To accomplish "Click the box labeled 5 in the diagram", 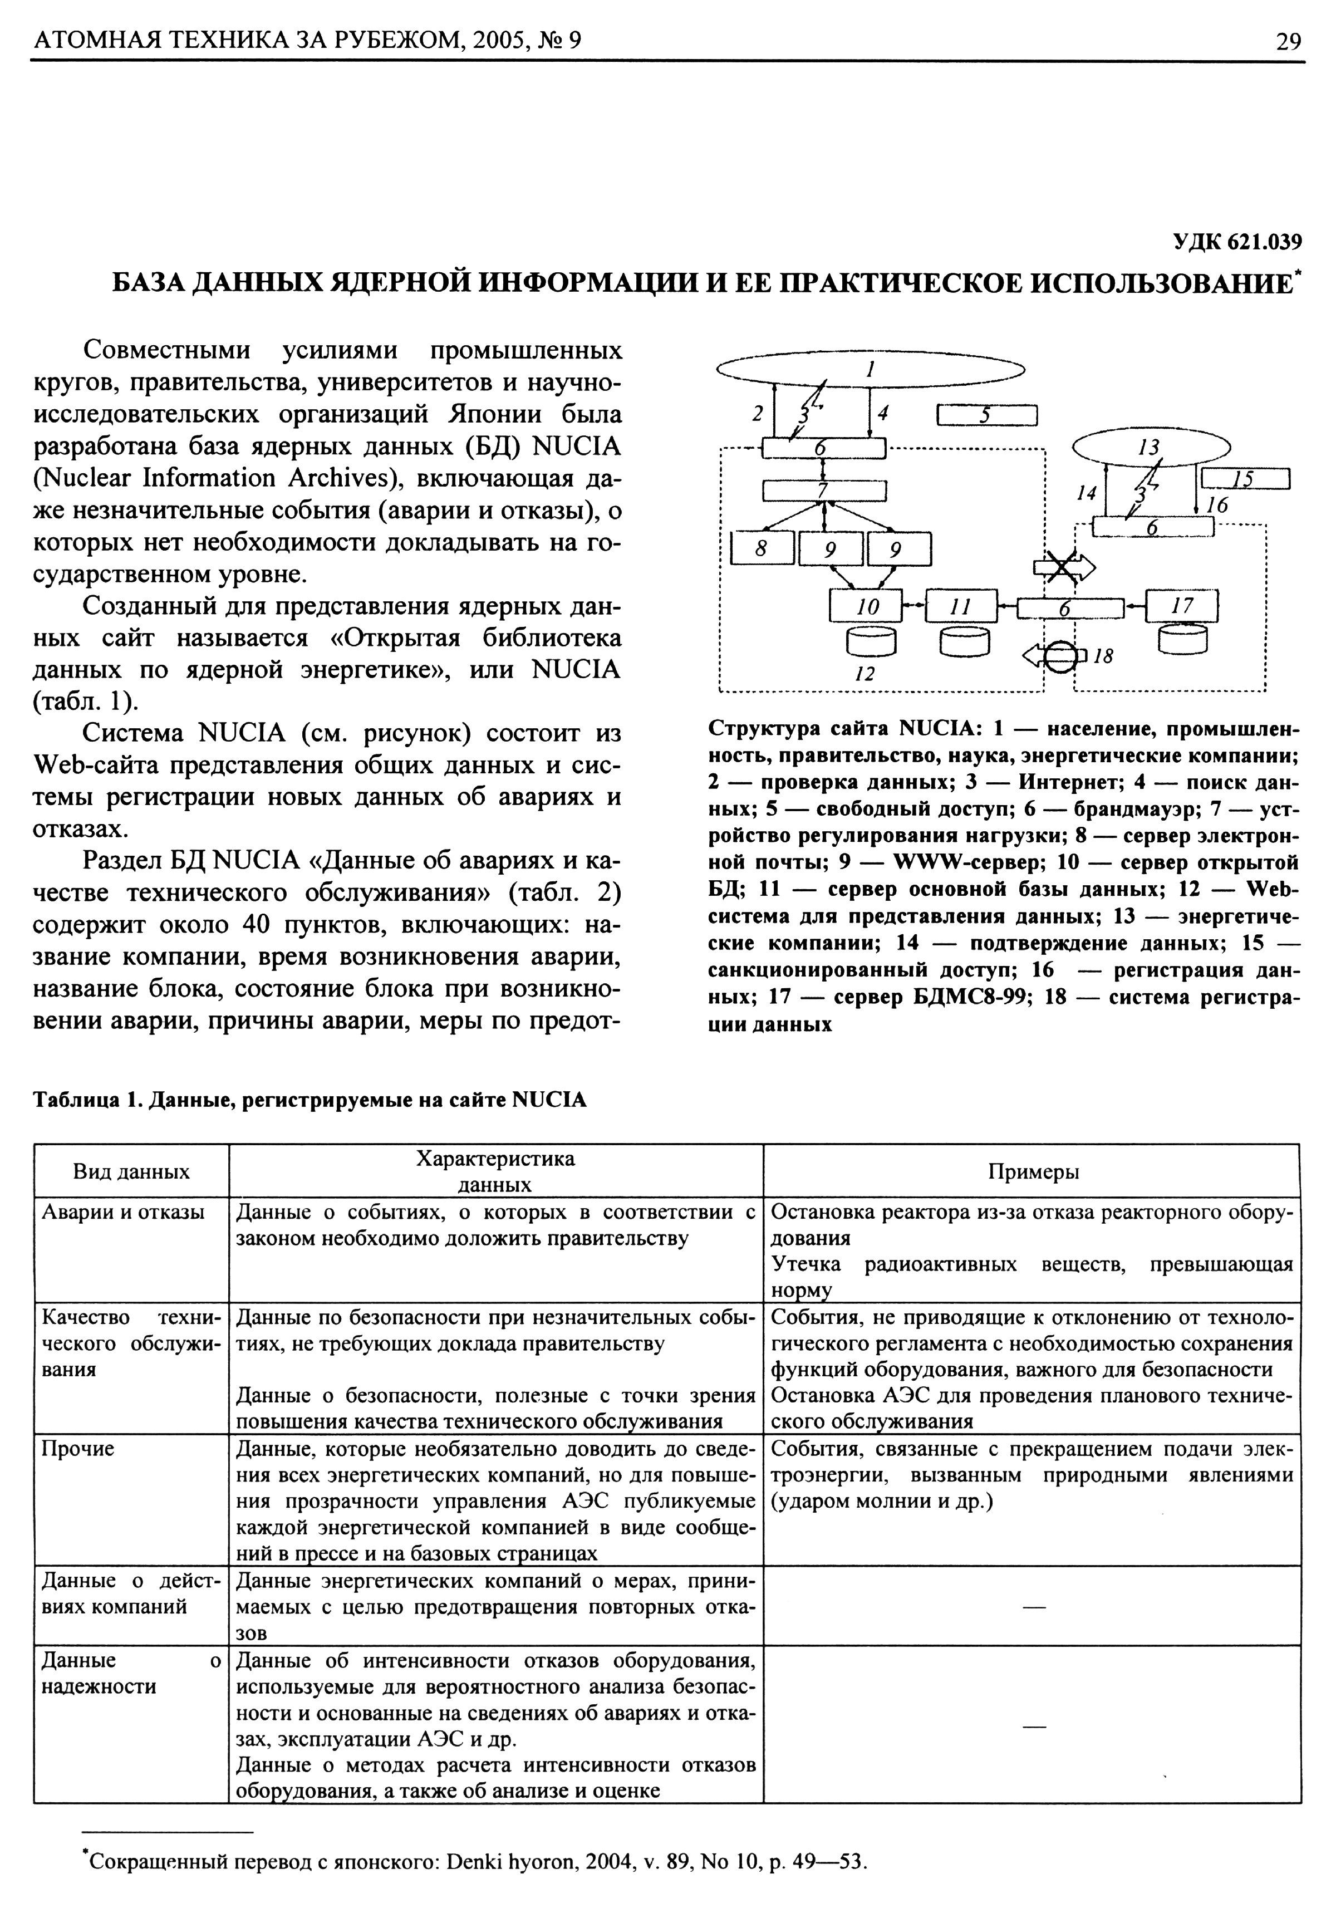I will click(986, 415).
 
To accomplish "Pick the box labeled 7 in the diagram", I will click(824, 490).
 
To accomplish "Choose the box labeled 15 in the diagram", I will click(1245, 479).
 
